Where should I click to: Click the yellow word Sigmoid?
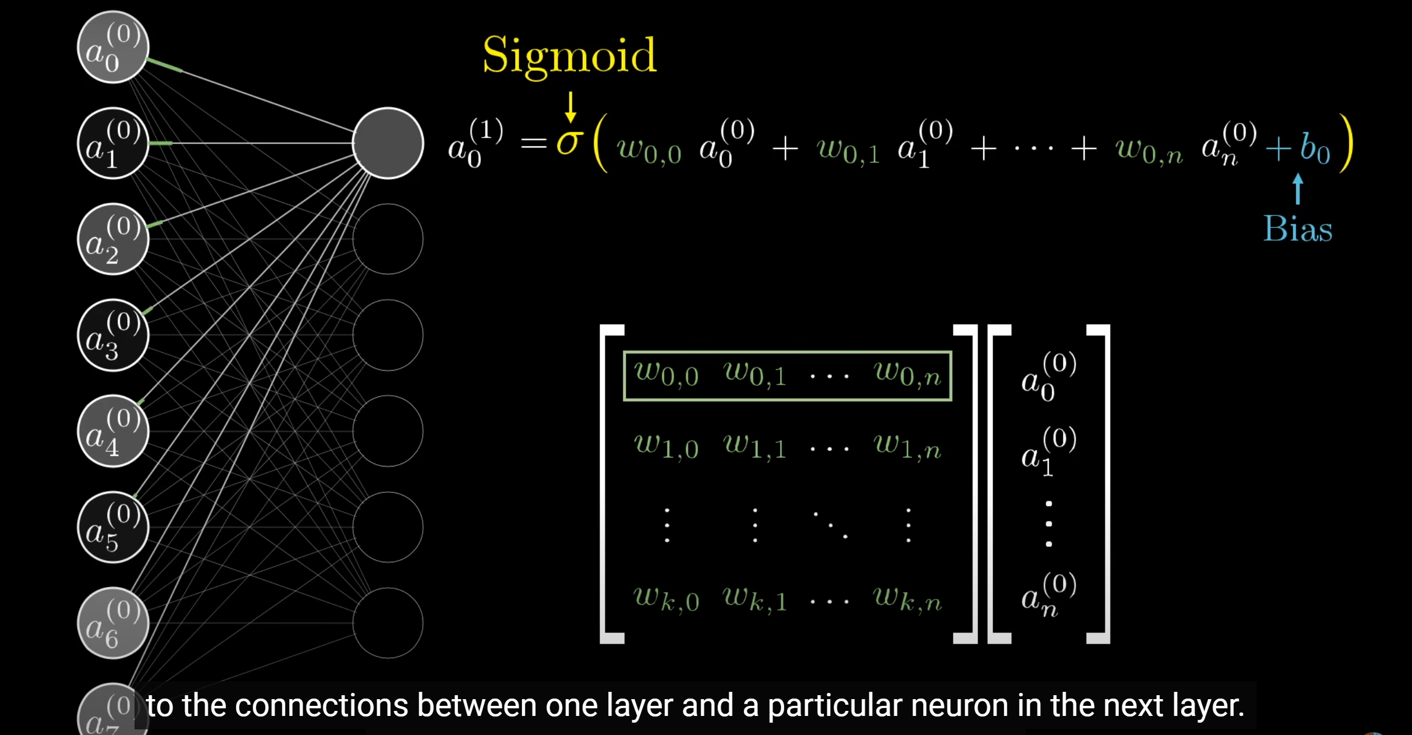569,56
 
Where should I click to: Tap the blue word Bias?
1298,229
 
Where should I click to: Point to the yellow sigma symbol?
570,143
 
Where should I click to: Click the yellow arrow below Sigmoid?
571,107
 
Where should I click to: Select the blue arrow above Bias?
1298,188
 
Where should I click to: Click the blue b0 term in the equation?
1315,149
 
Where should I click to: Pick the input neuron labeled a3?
113,335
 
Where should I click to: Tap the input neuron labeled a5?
113,527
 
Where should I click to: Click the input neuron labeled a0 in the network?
113,47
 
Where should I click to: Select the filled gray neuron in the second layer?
388,143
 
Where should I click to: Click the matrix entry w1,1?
754,446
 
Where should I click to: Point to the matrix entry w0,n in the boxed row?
908,375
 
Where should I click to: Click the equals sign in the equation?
533,144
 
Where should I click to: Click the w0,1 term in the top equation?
848,150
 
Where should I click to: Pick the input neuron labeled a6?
113,623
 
